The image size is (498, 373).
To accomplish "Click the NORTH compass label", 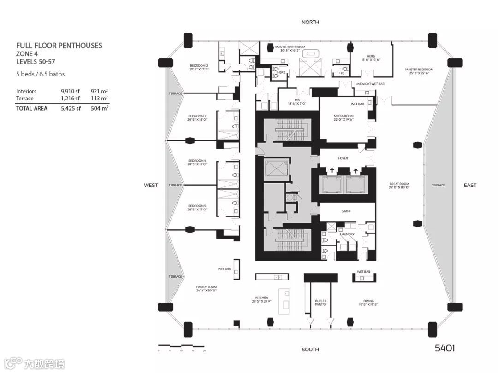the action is (x=310, y=22).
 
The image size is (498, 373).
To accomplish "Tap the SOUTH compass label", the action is (x=310, y=350).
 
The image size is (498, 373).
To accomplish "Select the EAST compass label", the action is (x=470, y=185).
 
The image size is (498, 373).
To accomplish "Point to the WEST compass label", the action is (x=151, y=185).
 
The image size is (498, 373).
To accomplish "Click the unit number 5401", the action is (x=445, y=348).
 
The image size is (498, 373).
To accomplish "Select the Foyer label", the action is (x=343, y=158).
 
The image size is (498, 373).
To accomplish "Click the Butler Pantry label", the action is (x=321, y=303).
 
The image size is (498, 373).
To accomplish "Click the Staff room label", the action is (x=346, y=211).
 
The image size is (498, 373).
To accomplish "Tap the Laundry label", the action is (x=347, y=234).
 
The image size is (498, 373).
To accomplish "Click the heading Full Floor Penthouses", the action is (x=59, y=46).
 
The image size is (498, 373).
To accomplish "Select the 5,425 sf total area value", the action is (x=71, y=109).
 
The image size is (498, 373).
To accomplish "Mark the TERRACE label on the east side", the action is (x=438, y=185).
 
